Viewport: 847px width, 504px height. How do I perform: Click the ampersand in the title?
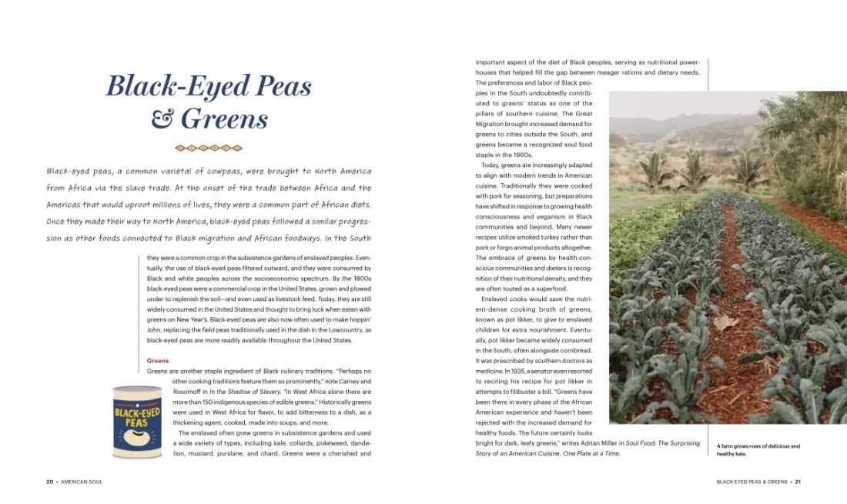[162, 119]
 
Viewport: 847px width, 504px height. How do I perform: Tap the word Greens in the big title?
[225, 119]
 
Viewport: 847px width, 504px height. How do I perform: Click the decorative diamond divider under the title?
[209, 148]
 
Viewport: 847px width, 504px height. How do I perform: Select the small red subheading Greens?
[158, 361]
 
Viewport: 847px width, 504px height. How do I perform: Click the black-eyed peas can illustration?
[137, 422]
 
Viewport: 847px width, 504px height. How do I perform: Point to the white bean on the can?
[137, 439]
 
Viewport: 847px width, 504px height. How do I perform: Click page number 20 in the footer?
[49, 482]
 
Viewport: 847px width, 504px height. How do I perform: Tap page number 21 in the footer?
[798, 482]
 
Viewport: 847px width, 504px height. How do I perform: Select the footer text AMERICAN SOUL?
[82, 482]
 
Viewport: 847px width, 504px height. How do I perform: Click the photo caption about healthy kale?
[758, 450]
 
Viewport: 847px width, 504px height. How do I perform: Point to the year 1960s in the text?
[528, 155]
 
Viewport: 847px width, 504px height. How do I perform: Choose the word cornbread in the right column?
[575, 350]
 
